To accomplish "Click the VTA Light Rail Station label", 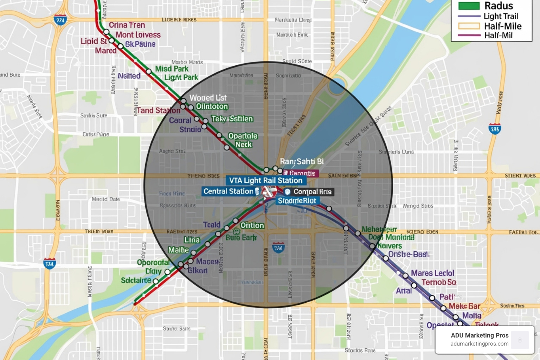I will pyautogui.click(x=266, y=181).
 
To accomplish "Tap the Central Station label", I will pyautogui.click(x=229, y=192).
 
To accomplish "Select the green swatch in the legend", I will pyautogui.click(x=469, y=6).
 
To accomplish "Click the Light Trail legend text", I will pyautogui.click(x=501, y=16).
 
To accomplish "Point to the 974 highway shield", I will pyautogui.click(x=60, y=20).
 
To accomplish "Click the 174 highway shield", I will pyautogui.click(x=50, y=264).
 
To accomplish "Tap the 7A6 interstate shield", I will pyautogui.click(x=278, y=248).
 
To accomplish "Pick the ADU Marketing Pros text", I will pyautogui.click(x=480, y=335).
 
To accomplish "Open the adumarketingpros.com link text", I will pyautogui.click(x=480, y=344).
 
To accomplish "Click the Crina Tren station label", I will pyautogui.click(x=127, y=25).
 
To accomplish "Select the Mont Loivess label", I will pyautogui.click(x=138, y=35).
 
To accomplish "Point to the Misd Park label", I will pyautogui.click(x=172, y=69).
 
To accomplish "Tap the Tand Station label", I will pyautogui.click(x=159, y=110).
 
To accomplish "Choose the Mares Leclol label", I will pyautogui.click(x=432, y=273).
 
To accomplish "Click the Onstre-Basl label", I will pyautogui.click(x=409, y=254).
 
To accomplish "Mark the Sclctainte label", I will pyautogui.click(x=136, y=280).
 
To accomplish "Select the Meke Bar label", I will pyautogui.click(x=464, y=306).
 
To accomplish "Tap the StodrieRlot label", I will pyautogui.click(x=297, y=201).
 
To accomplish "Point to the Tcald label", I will pyautogui.click(x=212, y=225).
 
